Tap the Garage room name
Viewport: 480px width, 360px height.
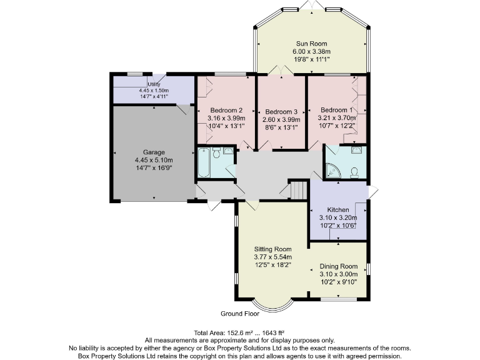[154, 152]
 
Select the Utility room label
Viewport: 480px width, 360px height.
[154, 84]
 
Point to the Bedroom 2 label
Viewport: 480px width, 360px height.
[226, 109]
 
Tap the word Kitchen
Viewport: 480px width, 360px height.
[338, 209]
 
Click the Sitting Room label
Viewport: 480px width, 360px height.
[272, 249]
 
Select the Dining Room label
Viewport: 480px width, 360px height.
[338, 266]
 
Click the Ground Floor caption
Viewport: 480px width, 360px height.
[239, 314]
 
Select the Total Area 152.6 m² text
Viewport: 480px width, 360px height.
[240, 332]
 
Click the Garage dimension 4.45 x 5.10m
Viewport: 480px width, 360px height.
[154, 160]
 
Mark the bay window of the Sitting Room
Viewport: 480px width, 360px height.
[273, 306]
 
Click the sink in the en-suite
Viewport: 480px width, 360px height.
[356, 150]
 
